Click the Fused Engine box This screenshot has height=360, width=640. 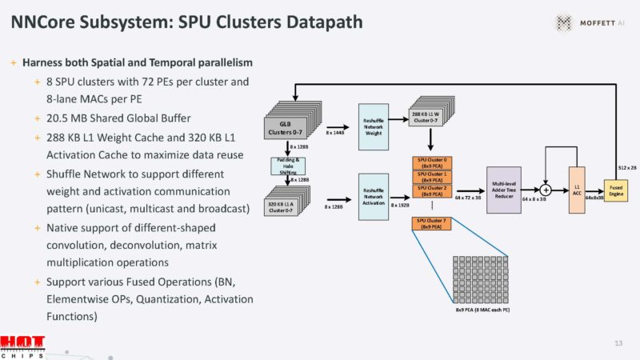[615, 190]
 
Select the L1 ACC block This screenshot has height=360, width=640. [576, 189]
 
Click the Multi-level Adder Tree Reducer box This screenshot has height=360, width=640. [503, 189]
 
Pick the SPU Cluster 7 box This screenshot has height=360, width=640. [433, 223]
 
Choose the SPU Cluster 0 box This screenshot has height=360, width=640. [433, 162]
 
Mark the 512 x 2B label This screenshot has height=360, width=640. [627, 167]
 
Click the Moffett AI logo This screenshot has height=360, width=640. [587, 22]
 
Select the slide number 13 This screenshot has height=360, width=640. [618, 342]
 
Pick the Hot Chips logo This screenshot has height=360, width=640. [22, 346]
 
